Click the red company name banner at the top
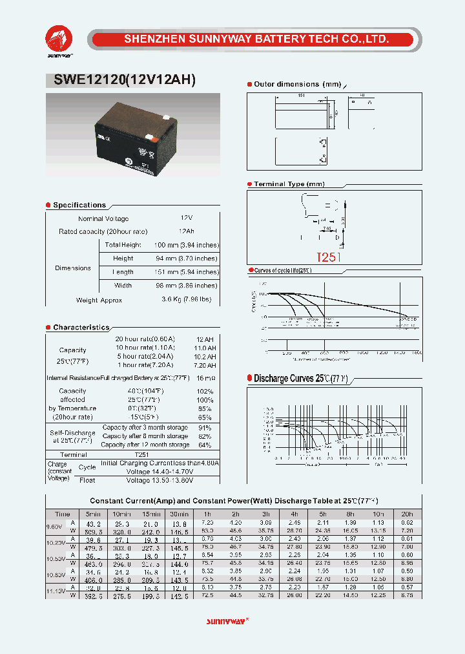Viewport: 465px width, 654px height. [256, 39]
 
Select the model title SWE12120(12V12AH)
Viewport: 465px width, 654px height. [121, 81]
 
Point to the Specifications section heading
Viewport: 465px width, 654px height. [79, 205]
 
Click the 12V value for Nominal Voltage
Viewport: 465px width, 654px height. [186, 219]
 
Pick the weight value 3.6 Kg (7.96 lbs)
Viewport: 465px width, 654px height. [186, 300]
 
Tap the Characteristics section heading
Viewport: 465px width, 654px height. [81, 328]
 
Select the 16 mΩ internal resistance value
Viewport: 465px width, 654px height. [205, 377]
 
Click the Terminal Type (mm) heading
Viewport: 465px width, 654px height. [289, 184]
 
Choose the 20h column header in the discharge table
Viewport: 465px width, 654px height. [407, 514]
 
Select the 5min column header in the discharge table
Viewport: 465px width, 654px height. [94, 514]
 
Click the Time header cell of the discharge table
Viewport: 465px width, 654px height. [63, 514]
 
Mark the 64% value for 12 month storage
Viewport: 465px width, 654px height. [205, 445]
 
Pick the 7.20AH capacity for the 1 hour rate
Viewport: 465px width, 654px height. [205, 365]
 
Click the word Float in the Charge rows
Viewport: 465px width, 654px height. [87, 480]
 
